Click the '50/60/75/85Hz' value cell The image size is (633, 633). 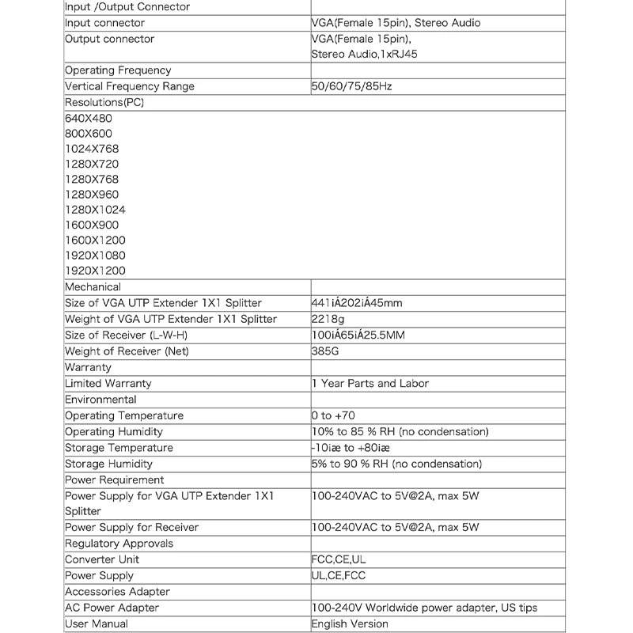(351, 86)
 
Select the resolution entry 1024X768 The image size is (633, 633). (92, 149)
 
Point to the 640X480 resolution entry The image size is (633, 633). (89, 118)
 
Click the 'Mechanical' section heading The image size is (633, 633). (93, 287)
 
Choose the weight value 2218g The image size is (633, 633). (328, 319)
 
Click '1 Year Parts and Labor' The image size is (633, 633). (370, 383)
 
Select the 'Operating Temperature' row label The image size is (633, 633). (123, 415)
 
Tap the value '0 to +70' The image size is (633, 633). (333, 415)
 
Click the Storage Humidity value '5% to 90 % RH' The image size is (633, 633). (396, 464)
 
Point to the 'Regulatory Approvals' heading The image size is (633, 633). (119, 544)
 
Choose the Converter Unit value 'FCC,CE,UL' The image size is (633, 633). (339, 559)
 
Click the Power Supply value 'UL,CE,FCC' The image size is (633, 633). (339, 576)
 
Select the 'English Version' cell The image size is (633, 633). (350, 624)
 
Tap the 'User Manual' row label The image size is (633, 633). (96, 624)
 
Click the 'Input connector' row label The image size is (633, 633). (104, 23)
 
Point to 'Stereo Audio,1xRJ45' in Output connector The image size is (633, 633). (364, 55)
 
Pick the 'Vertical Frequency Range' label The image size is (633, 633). (129, 86)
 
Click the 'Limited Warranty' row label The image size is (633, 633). (108, 383)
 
